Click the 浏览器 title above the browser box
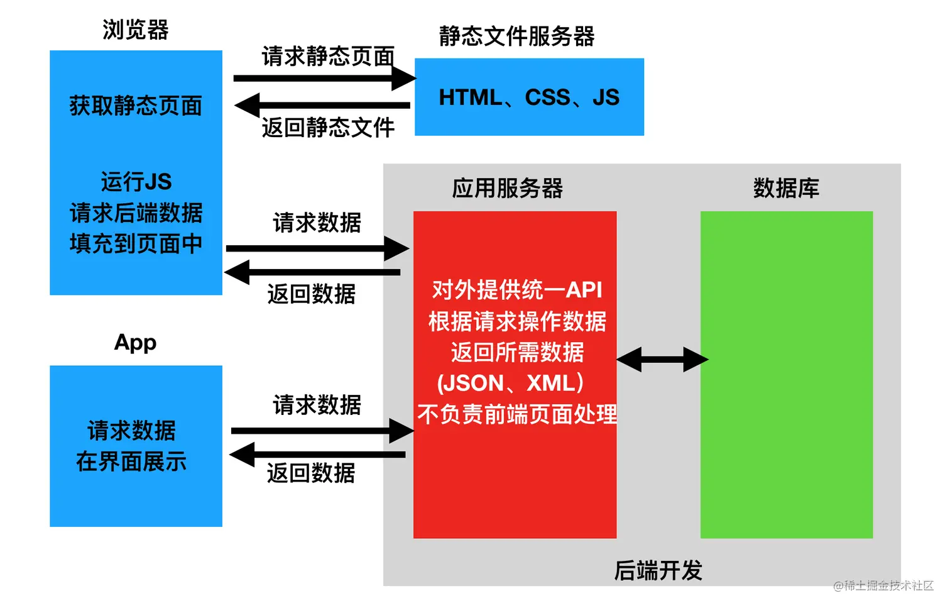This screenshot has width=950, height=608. [136, 30]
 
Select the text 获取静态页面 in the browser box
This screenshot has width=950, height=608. [136, 106]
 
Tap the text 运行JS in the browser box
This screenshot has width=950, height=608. [136, 182]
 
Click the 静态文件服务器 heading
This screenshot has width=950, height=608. [516, 36]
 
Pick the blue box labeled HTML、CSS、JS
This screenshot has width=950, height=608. [529, 97]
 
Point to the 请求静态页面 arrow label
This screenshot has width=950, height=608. [327, 57]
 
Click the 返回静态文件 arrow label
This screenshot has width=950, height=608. [327, 128]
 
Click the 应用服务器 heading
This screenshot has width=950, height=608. [507, 188]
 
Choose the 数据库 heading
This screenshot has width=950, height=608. [786, 188]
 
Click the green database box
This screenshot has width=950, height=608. [786, 374]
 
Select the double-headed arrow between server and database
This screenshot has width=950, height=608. [662, 360]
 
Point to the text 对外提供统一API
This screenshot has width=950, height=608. [516, 290]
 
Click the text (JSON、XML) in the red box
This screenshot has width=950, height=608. [510, 383]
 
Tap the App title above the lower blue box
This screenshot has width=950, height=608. [135, 342]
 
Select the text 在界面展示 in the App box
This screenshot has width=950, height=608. [131, 462]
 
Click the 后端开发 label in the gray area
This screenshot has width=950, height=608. [658, 570]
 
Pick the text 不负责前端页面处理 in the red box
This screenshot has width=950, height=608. [516, 414]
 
